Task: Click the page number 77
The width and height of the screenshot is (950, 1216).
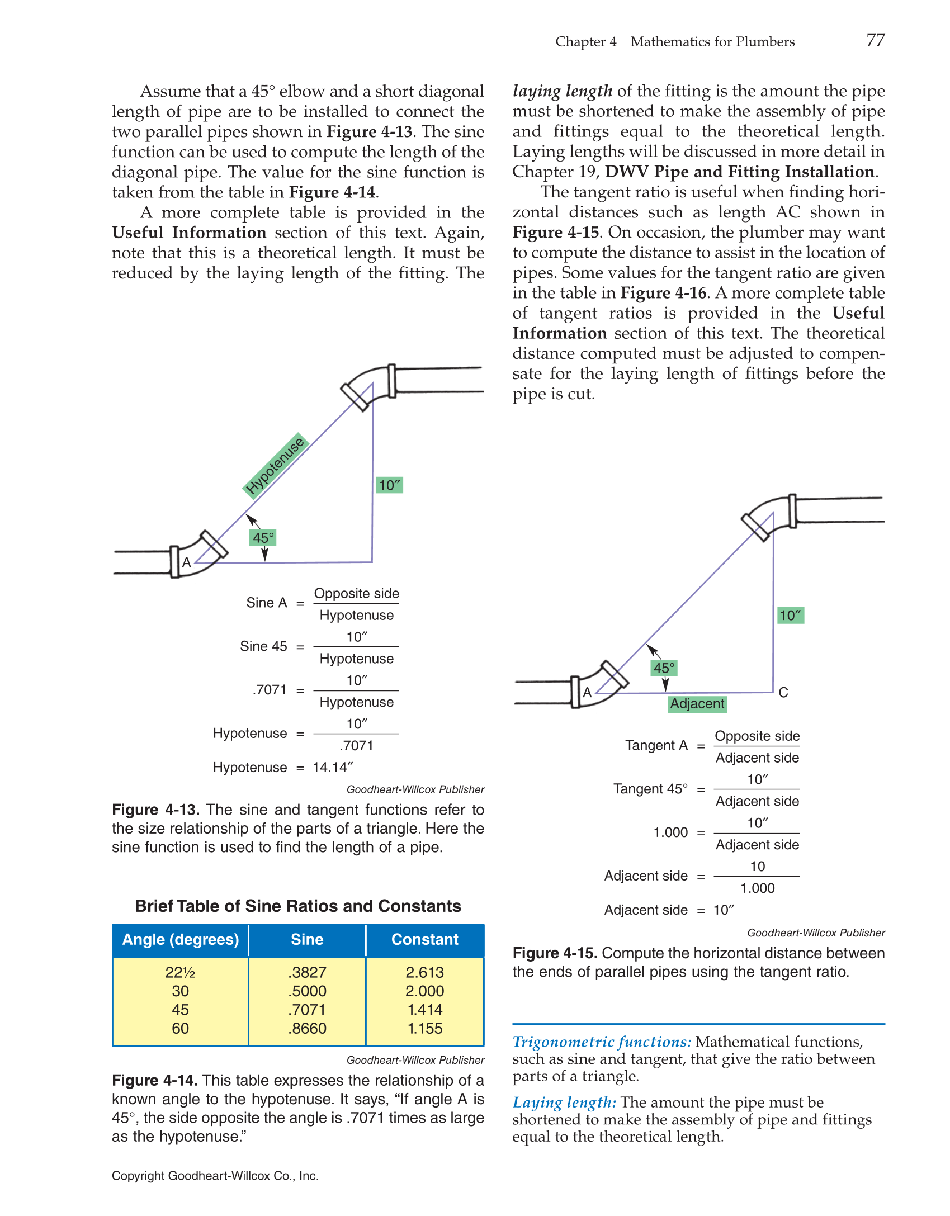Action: pos(875,40)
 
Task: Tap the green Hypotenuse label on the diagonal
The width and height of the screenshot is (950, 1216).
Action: pos(275,465)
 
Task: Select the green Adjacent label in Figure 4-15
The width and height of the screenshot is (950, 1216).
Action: pos(697,703)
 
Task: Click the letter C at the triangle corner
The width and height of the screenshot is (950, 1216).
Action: pos(783,693)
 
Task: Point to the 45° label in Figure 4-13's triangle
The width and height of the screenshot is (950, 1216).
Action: pos(263,538)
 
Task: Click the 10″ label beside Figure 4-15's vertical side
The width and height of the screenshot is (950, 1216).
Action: pos(790,616)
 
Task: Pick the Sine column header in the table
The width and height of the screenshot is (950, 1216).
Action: pos(307,939)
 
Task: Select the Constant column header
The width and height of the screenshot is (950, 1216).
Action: pos(424,939)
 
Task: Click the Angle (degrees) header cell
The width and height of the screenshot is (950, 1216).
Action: pos(180,939)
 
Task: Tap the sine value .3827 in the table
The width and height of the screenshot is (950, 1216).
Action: pos(307,972)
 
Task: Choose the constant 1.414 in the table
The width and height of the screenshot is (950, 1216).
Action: pos(424,1010)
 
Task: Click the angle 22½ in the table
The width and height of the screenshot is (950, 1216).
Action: pos(180,972)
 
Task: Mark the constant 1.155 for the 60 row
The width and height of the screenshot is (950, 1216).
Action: pos(424,1028)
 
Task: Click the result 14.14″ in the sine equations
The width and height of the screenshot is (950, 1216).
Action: pos(333,767)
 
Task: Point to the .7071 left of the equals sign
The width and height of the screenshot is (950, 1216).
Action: pos(270,690)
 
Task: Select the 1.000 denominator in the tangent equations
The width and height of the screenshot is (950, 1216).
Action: pos(757,888)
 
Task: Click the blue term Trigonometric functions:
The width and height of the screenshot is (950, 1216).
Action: pos(602,1042)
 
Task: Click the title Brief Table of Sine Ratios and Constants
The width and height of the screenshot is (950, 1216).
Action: pos(298,906)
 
